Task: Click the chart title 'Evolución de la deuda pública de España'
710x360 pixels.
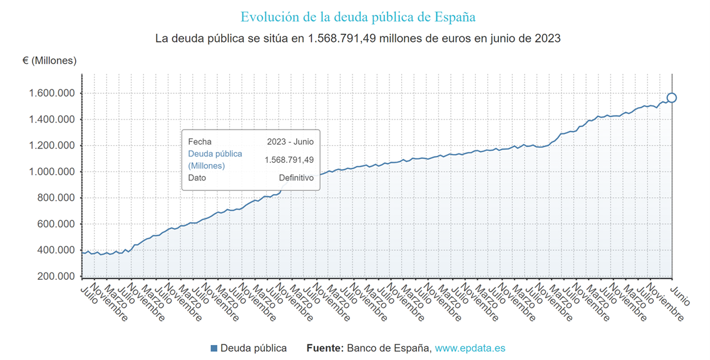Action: tap(358, 16)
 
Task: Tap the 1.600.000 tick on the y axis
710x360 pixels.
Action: tap(52, 93)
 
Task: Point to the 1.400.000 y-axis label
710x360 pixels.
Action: tap(52, 120)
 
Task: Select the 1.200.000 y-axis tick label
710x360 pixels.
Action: tap(52, 146)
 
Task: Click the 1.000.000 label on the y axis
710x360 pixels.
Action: tap(52, 172)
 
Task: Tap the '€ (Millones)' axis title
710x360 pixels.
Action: tap(49, 61)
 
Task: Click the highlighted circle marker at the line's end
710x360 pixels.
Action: tap(672, 98)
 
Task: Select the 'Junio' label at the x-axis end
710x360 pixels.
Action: tap(680, 296)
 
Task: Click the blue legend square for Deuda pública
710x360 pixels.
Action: tap(214, 348)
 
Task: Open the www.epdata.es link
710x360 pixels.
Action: tap(470, 348)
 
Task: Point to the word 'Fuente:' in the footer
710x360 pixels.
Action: tap(325, 348)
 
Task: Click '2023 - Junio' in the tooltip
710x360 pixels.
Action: tap(290, 141)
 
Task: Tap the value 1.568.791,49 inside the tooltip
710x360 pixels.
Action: tap(289, 160)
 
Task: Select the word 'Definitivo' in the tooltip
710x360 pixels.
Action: tap(296, 178)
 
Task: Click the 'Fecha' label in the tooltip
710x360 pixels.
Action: tap(200, 141)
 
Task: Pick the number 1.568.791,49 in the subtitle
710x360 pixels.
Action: tap(346, 38)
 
